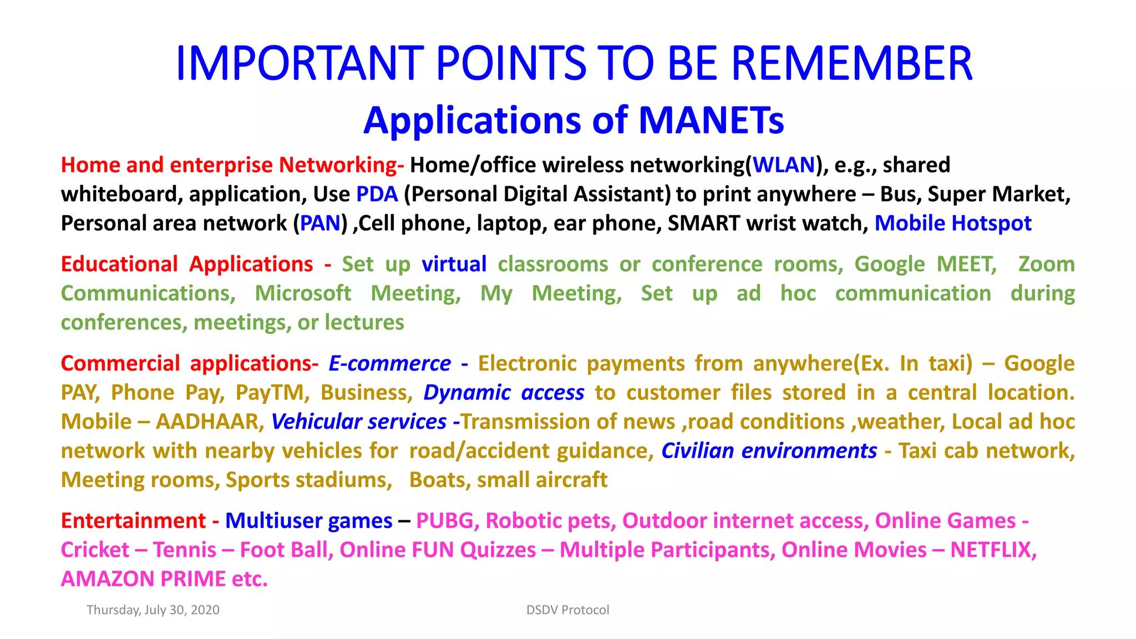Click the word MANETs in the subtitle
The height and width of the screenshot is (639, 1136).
[x=711, y=120]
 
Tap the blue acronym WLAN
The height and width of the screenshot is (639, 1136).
[x=784, y=165]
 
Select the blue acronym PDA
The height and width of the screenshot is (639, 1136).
[x=377, y=194]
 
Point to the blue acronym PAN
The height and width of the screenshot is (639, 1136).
[x=320, y=223]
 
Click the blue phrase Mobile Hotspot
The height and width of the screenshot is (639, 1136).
[x=952, y=223]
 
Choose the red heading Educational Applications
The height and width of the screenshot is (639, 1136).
[x=187, y=264]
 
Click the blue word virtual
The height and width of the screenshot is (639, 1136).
[x=454, y=264]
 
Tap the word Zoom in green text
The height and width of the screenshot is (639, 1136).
[x=1046, y=264]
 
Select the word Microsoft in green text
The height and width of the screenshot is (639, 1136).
[x=303, y=293]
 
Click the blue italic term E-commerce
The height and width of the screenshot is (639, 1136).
[x=389, y=363]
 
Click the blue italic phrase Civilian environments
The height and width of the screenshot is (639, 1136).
[x=769, y=450]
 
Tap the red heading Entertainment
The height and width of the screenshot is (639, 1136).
[x=133, y=521]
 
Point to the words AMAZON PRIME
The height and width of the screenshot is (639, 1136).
[x=143, y=579]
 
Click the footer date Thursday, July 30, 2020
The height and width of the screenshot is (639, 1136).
[x=153, y=610]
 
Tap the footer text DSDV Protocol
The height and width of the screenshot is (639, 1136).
[x=567, y=610]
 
